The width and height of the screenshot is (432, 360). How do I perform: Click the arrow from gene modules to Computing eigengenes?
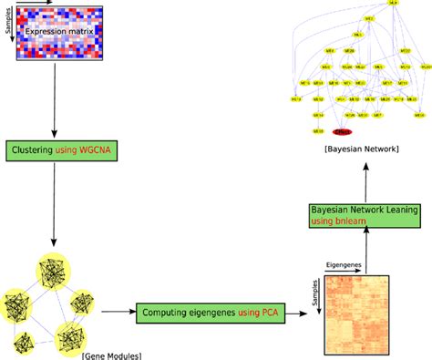pyautogui.click(x=118, y=313)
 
